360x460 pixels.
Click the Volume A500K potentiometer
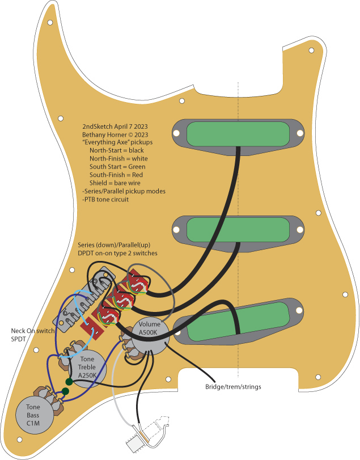tap(150, 336)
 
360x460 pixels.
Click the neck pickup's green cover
tap(238, 134)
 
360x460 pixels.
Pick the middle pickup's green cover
tap(238, 230)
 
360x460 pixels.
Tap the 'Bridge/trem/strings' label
tap(233, 387)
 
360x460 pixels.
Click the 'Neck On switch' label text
tap(32, 331)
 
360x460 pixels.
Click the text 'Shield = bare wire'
tap(115, 183)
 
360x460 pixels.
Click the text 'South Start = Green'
tap(117, 167)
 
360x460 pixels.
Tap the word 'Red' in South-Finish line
tap(138, 175)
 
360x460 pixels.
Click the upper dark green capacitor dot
tap(69, 382)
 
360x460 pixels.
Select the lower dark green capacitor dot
tap(65, 391)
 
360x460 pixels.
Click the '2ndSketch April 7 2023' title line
tap(115, 126)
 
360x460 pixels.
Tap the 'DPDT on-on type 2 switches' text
tap(117, 253)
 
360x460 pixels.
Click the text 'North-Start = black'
tap(117, 150)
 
